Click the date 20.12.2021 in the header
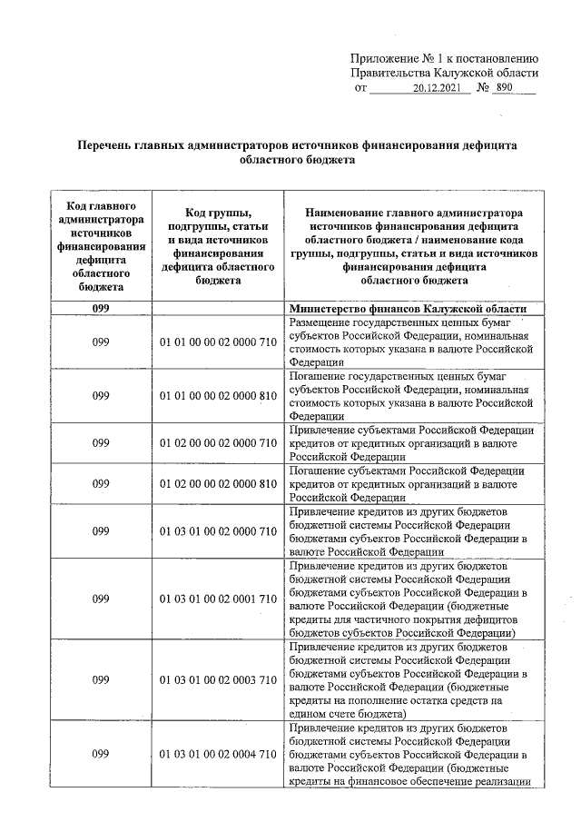point(437,89)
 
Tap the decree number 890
point(511,89)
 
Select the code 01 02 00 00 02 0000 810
point(218,483)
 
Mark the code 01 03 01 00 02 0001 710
point(218,599)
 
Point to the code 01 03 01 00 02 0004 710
point(218,755)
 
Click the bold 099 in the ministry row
point(101,309)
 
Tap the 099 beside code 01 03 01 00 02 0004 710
point(101,755)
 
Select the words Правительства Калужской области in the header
point(445,73)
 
